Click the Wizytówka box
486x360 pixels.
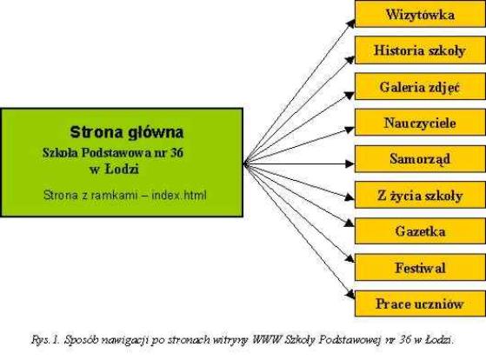[420, 14]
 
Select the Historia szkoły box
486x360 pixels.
[420, 50]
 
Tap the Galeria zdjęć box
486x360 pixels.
[420, 86]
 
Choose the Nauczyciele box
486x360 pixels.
[420, 123]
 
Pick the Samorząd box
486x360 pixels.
[420, 159]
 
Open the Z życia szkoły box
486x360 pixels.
[420, 195]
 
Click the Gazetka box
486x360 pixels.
[420, 231]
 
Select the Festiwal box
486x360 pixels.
[420, 267]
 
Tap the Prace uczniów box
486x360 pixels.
[420, 303]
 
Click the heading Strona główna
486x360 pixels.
[127, 132]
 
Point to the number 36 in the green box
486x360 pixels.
[176, 152]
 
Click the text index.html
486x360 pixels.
[179, 196]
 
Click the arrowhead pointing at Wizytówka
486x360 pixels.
[350, 23]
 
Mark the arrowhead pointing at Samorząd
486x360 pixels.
[350, 163]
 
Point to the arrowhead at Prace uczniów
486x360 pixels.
[350, 295]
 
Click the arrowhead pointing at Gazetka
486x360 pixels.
[350, 223]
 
